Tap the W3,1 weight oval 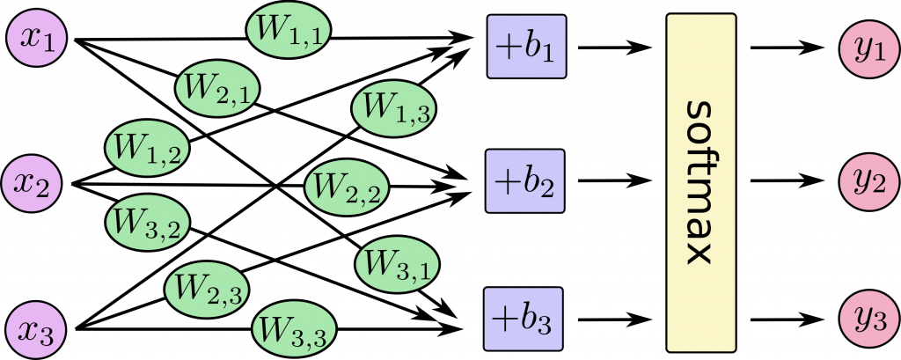(x=392, y=261)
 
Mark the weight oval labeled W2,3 (x=208, y=287)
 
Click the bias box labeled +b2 (x=524, y=183)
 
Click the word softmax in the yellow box (x=700, y=183)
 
